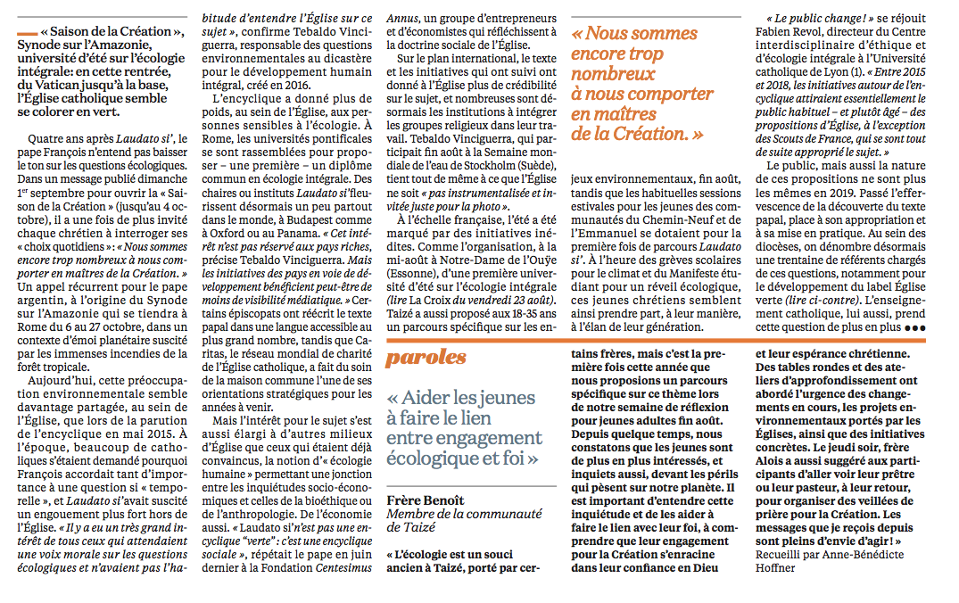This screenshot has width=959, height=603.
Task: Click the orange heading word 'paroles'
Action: tap(426, 357)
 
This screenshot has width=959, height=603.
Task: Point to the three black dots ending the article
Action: tap(914, 328)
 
